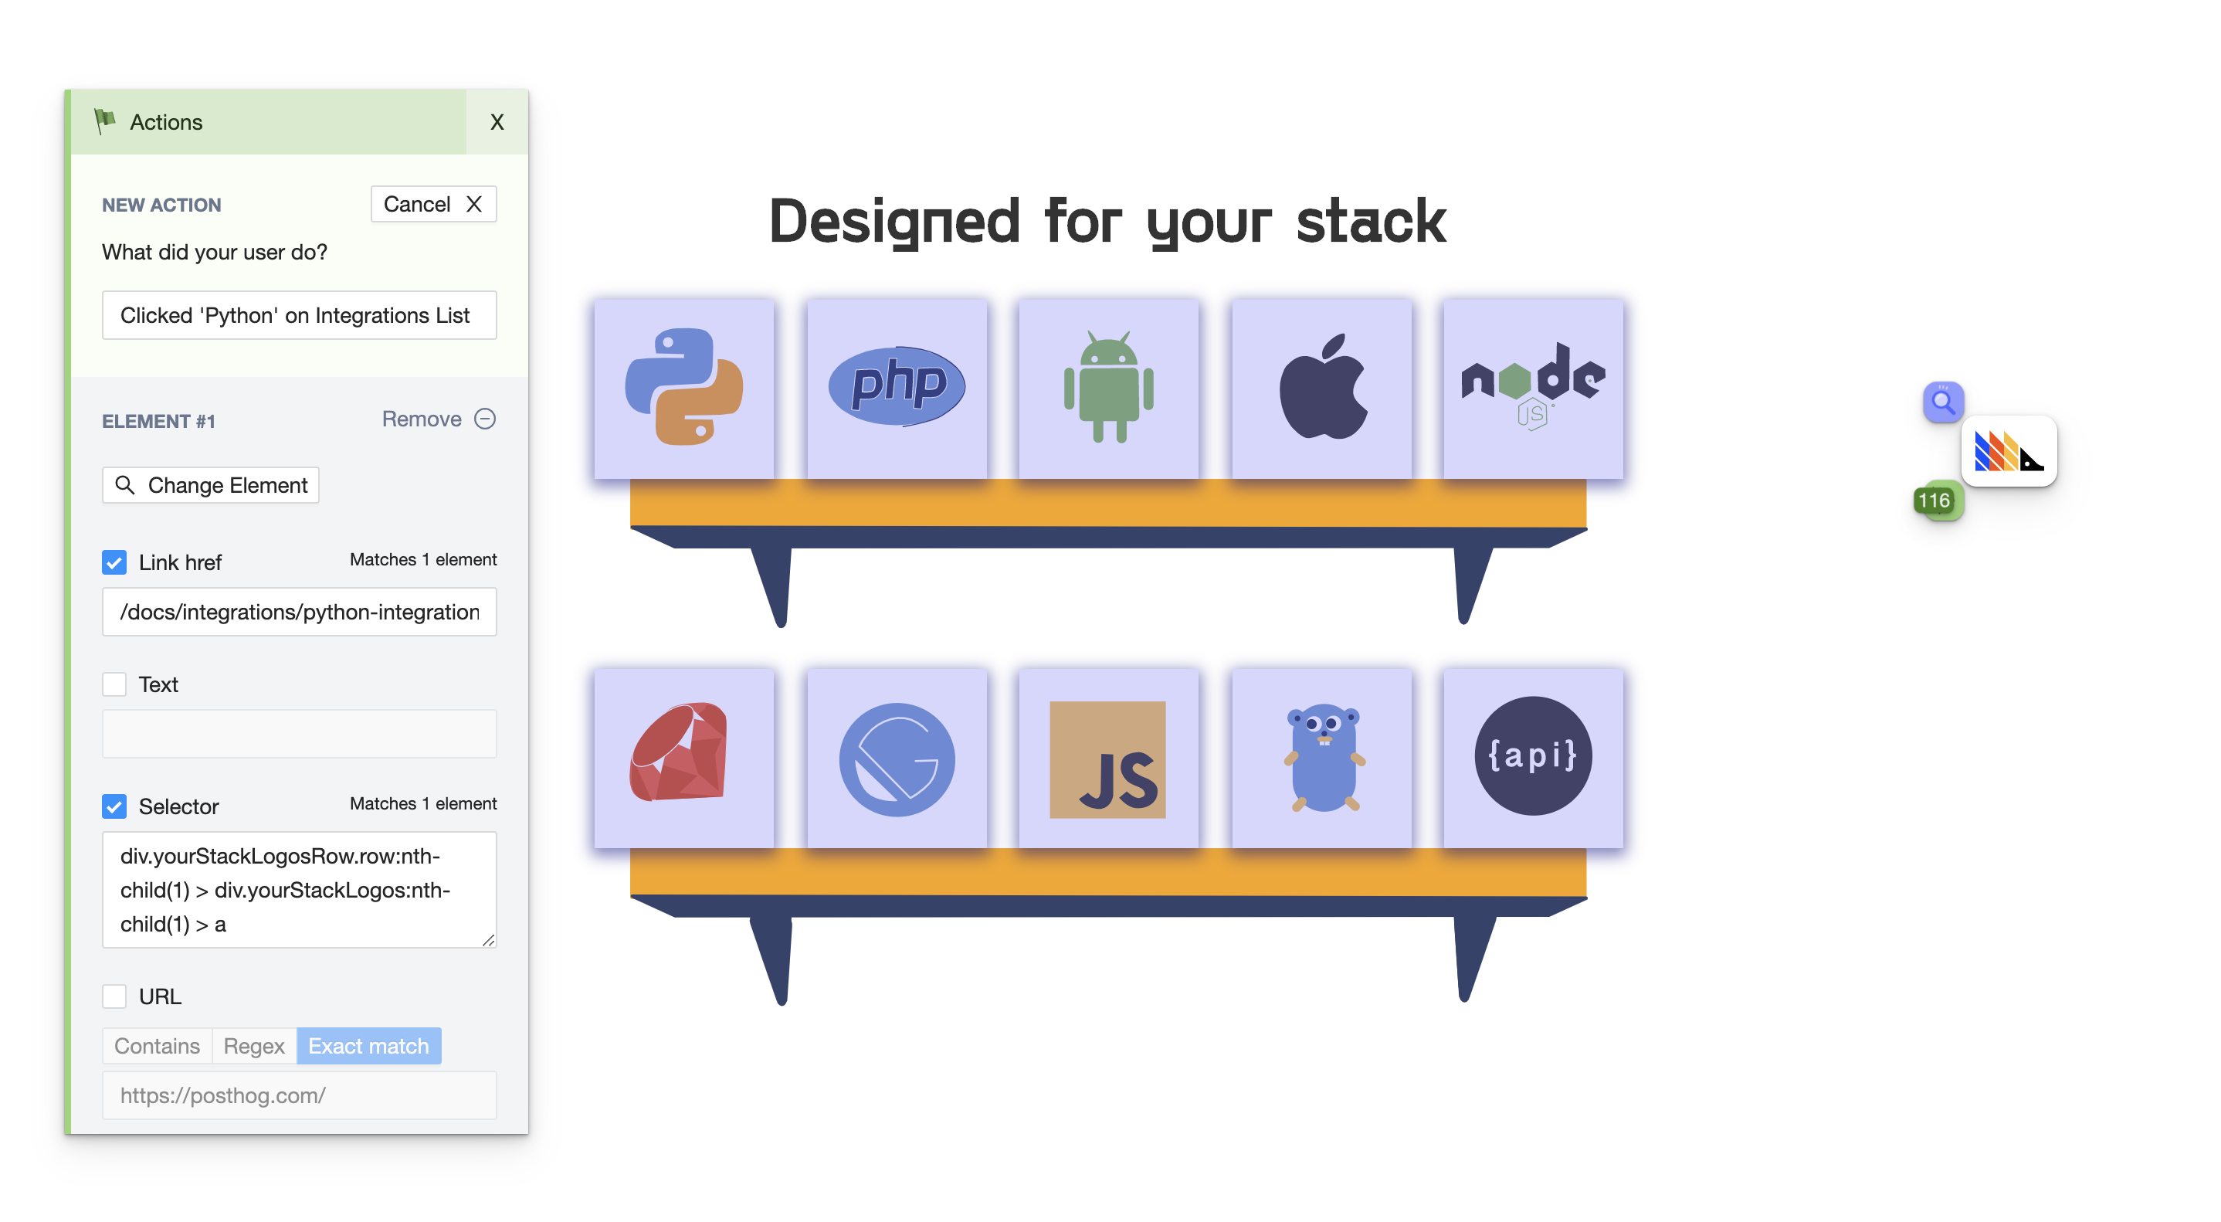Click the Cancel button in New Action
[x=432, y=205]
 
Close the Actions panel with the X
[x=497, y=123]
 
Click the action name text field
[x=298, y=316]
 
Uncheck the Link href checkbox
[x=114, y=562]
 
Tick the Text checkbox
[x=114, y=684]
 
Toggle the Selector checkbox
[x=114, y=806]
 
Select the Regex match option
[x=253, y=1046]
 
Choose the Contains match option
[x=157, y=1046]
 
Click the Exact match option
[x=368, y=1046]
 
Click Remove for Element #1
[x=438, y=419]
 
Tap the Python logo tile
[x=683, y=388]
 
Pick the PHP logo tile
[x=897, y=388]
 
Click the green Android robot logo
[x=1109, y=388]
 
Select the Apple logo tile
[x=1322, y=388]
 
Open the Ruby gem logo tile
[x=683, y=757]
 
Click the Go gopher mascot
[x=1322, y=757]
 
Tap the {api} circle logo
[x=1533, y=757]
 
